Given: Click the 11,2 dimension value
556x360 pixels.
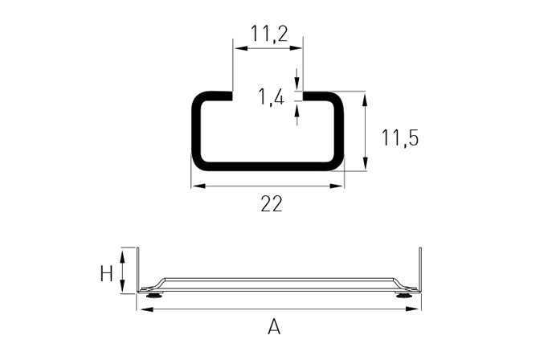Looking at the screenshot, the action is (x=269, y=34).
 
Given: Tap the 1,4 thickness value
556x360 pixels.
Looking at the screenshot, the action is (x=272, y=97).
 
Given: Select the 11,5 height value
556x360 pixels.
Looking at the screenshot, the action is (x=399, y=137).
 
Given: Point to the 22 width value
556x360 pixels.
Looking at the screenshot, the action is (x=272, y=204).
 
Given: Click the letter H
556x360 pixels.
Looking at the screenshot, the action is (x=106, y=274).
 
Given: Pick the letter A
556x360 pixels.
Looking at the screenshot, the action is (x=274, y=327).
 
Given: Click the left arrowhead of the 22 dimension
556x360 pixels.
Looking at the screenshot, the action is (x=199, y=186).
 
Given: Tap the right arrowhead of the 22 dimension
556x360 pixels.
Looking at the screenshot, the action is (x=337, y=186).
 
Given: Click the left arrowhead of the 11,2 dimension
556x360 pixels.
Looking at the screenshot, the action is (x=241, y=48).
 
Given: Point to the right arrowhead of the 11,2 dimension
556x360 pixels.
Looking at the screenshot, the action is (x=295, y=48).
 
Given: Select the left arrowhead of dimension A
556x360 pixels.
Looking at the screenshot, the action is (x=146, y=309).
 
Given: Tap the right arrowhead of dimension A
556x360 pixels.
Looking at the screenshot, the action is (x=412, y=309).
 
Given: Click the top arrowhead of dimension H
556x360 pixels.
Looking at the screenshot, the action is (x=122, y=256).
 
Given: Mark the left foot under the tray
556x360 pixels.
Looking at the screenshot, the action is (x=154, y=295).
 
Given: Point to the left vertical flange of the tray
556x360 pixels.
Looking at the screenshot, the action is (x=138, y=270).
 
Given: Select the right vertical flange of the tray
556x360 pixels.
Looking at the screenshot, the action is (x=420, y=270).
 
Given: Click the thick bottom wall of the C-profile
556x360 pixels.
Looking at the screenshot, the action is (x=268, y=166).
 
